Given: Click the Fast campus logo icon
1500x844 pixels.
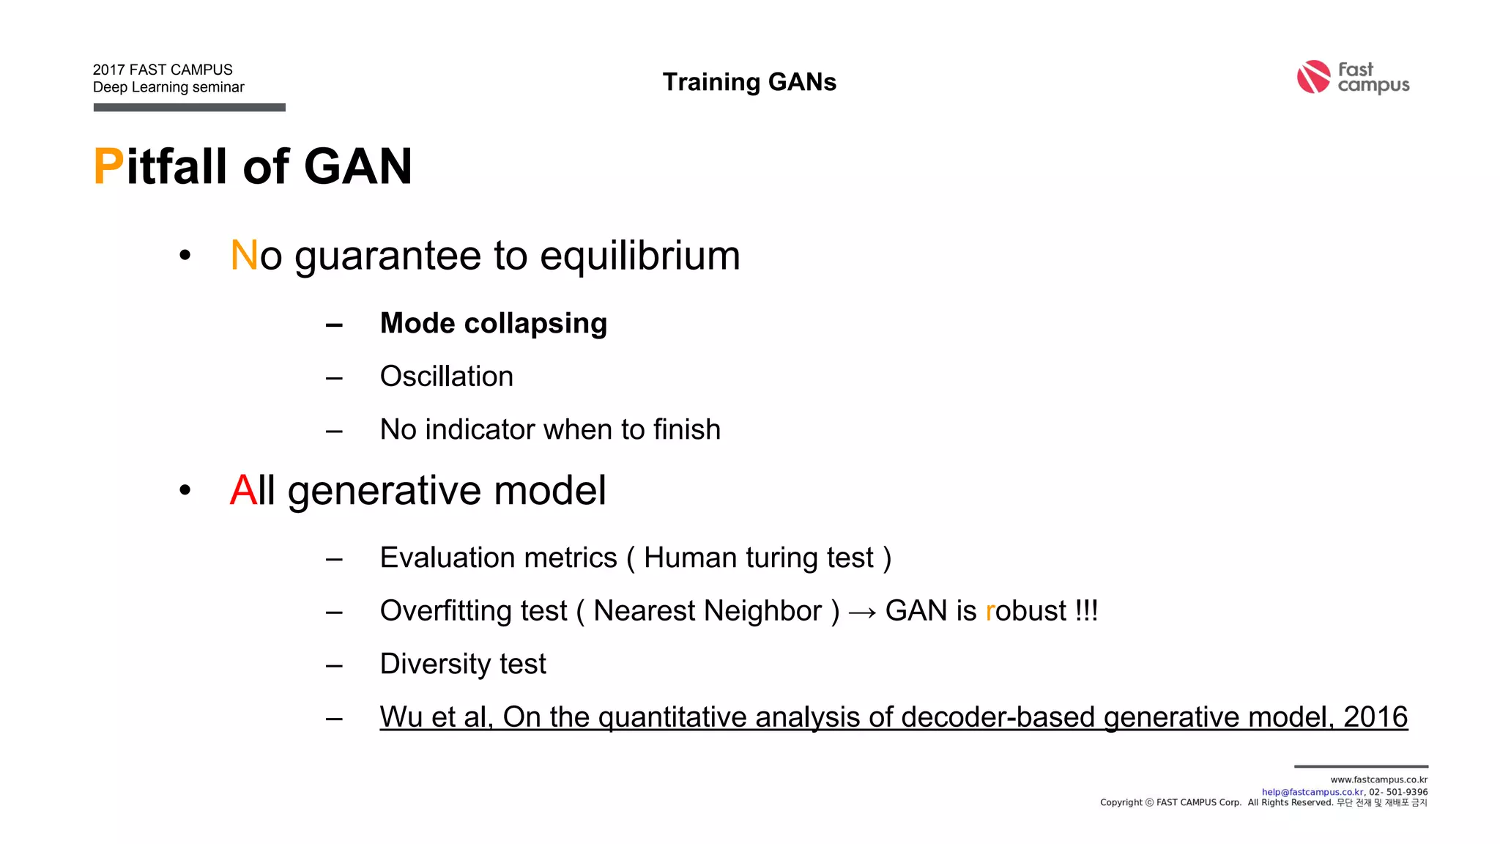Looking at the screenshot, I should [1312, 77].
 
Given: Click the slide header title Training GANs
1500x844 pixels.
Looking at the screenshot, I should [749, 82].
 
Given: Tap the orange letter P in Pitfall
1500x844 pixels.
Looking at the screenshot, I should [108, 166].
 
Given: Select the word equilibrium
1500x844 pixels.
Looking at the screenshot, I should [639, 256].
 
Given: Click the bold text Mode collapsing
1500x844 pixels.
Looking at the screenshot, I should [493, 323].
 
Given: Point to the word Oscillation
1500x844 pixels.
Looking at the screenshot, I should [446, 377].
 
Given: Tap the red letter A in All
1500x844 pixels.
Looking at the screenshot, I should [242, 490].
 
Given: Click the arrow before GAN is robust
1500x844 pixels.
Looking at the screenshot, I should [862, 612].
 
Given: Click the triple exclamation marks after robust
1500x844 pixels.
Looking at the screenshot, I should [1086, 611].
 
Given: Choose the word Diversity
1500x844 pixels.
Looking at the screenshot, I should [435, 665].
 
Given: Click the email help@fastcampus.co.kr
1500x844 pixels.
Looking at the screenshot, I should [1312, 792].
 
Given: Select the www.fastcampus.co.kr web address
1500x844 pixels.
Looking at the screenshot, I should [1378, 780].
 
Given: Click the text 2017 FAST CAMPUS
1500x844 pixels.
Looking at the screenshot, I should [163, 70].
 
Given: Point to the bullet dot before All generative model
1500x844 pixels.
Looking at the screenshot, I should [185, 490].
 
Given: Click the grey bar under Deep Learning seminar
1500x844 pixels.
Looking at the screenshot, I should [189, 108].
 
